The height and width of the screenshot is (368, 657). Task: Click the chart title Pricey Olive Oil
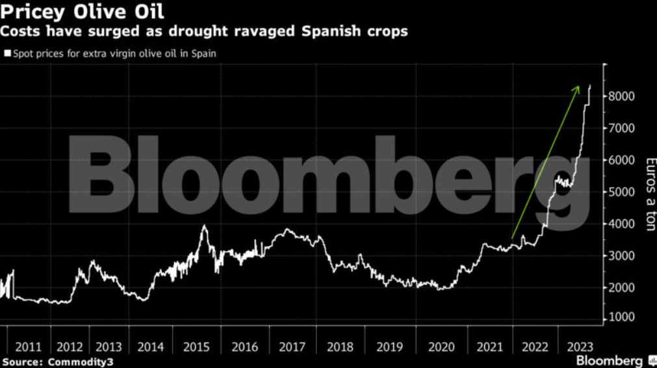[83, 12]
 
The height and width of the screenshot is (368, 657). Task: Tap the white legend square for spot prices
[7, 54]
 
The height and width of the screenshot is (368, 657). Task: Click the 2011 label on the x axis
[30, 347]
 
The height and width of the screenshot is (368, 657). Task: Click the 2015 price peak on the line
[205, 226]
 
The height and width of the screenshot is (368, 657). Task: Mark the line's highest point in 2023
[590, 85]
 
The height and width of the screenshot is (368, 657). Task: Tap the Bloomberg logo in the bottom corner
[610, 360]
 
